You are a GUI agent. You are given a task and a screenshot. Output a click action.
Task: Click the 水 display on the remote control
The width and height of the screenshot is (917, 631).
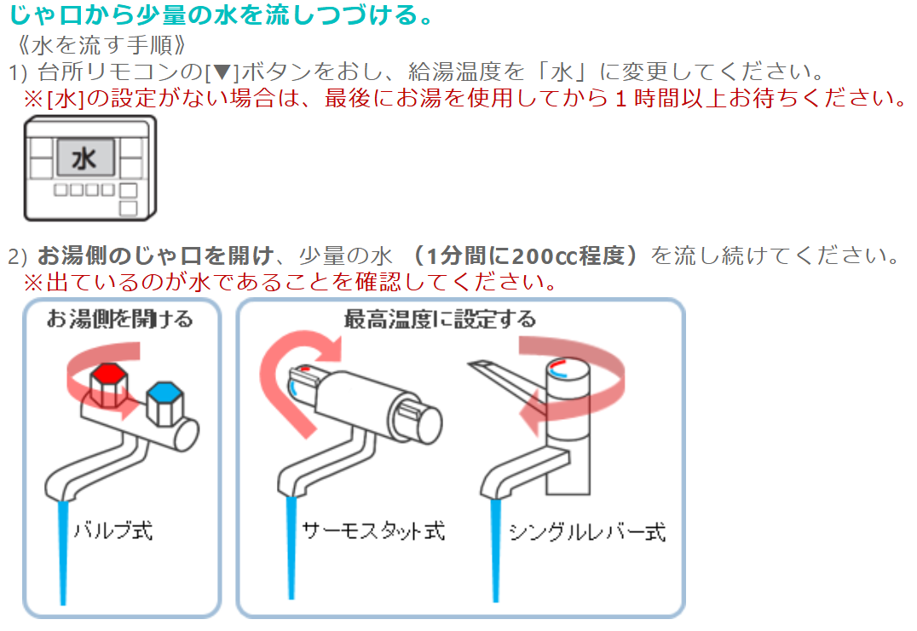coord(85,158)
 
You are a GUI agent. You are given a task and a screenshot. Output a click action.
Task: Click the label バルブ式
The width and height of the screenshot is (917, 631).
coord(112,531)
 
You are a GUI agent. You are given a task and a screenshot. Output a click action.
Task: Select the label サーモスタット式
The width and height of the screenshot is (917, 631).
coord(372,531)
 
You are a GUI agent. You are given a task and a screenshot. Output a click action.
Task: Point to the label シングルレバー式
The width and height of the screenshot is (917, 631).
coord(586,531)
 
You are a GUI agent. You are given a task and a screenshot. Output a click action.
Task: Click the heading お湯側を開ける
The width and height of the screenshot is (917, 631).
coord(120,319)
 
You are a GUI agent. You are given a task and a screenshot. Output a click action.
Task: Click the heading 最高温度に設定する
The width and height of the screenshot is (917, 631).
coord(440,319)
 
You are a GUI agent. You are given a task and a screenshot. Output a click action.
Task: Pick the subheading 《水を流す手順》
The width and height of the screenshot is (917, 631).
coord(103,45)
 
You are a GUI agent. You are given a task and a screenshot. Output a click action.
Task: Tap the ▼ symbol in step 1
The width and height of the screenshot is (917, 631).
coord(222,72)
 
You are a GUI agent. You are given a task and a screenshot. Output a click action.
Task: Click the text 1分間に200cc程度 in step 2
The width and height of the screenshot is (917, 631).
coord(525,256)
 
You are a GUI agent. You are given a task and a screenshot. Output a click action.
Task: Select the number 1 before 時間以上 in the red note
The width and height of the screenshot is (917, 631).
coord(621,99)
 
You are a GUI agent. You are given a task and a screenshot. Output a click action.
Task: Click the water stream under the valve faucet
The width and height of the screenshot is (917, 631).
coord(62,552)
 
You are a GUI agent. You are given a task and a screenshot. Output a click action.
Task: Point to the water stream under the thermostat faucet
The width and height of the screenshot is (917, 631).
coord(291,548)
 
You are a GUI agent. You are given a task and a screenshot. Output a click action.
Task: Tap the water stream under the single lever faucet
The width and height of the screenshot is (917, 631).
coord(496,550)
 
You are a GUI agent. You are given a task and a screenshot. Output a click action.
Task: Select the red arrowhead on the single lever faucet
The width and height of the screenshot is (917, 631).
coord(530,413)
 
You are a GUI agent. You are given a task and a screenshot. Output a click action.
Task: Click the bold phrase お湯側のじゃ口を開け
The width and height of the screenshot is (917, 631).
coord(156,256)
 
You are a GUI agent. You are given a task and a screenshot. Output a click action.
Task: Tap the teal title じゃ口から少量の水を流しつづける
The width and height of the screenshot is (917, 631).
coord(222,14)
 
